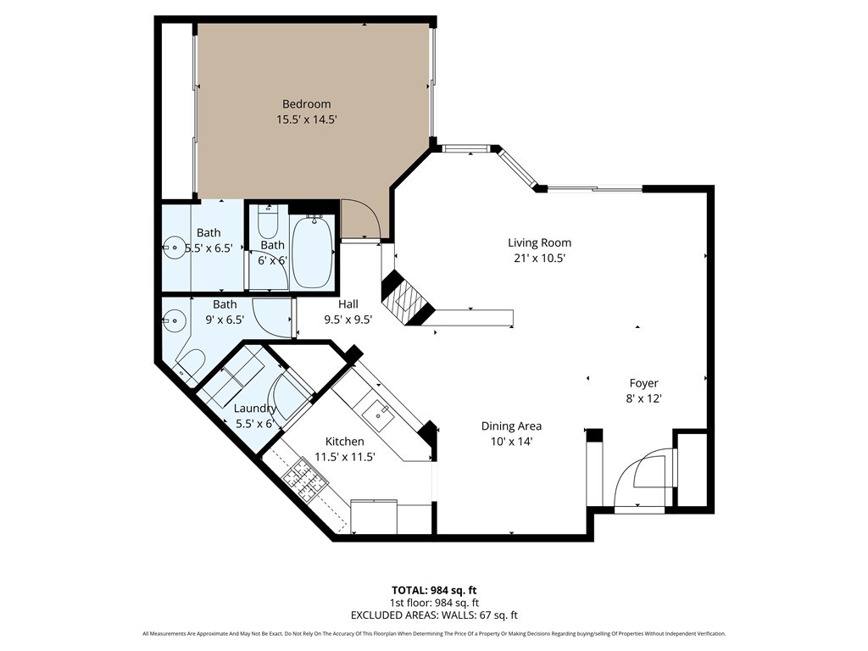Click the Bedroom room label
tap(306, 104)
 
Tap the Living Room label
tap(539, 242)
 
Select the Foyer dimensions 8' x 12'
tap(644, 398)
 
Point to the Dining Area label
tap(511, 426)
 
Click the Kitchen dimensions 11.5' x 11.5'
tap(345, 457)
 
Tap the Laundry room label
tap(254, 409)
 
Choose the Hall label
tap(348, 304)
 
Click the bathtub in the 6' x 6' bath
tap(313, 252)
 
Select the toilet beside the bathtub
tap(269, 221)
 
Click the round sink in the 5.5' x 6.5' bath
tap(175, 248)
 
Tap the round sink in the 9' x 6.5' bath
tap(175, 320)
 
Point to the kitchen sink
tap(377, 414)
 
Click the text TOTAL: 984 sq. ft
tap(434, 590)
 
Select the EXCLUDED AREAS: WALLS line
tap(434, 615)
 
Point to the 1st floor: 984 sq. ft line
tap(434, 603)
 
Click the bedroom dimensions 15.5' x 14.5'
tap(307, 119)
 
